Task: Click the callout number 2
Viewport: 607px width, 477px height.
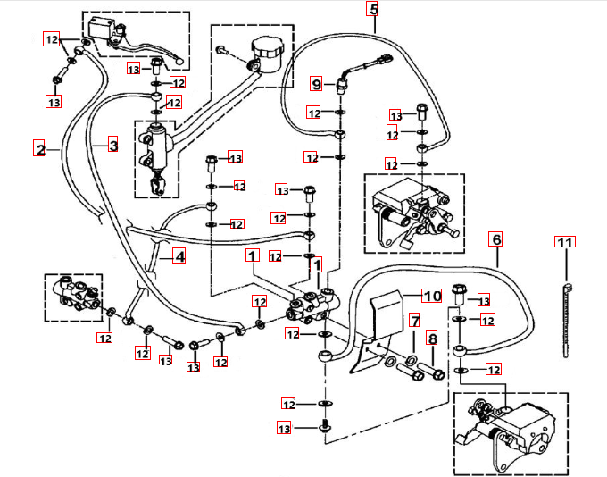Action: coord(39,148)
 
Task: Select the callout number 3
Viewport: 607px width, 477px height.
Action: coord(113,144)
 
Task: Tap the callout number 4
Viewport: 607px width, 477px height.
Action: coord(179,256)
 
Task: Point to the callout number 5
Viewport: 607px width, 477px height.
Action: coord(373,10)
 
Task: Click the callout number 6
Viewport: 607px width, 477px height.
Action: coord(497,238)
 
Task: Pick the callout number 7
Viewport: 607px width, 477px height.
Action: coord(414,320)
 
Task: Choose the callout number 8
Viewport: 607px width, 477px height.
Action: coord(433,339)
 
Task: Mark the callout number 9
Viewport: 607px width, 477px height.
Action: coord(316,84)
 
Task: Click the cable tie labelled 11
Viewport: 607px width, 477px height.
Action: coord(566,313)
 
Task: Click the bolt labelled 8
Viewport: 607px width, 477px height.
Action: coord(428,369)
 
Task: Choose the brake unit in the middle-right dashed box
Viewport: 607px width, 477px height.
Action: coord(411,214)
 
